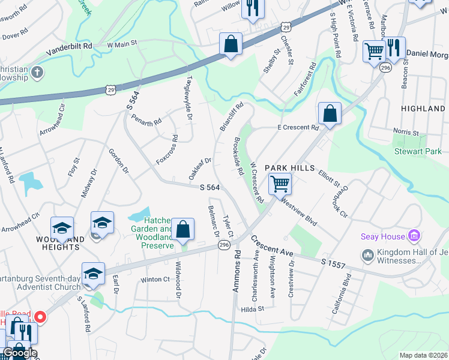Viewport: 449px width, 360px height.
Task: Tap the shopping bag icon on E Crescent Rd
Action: [x=330, y=112]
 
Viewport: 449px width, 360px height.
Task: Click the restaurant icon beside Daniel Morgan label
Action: [x=394, y=47]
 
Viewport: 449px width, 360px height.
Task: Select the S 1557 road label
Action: [x=333, y=262]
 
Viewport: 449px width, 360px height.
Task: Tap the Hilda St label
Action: [x=252, y=308]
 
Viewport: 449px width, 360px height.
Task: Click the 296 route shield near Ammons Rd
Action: [x=224, y=245]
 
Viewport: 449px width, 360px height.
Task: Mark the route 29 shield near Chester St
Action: [x=286, y=27]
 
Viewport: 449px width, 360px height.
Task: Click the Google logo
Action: [x=20, y=353]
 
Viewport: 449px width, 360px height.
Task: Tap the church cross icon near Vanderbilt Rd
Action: [x=37, y=73]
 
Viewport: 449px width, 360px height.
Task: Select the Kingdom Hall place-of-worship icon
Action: [x=368, y=256]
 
